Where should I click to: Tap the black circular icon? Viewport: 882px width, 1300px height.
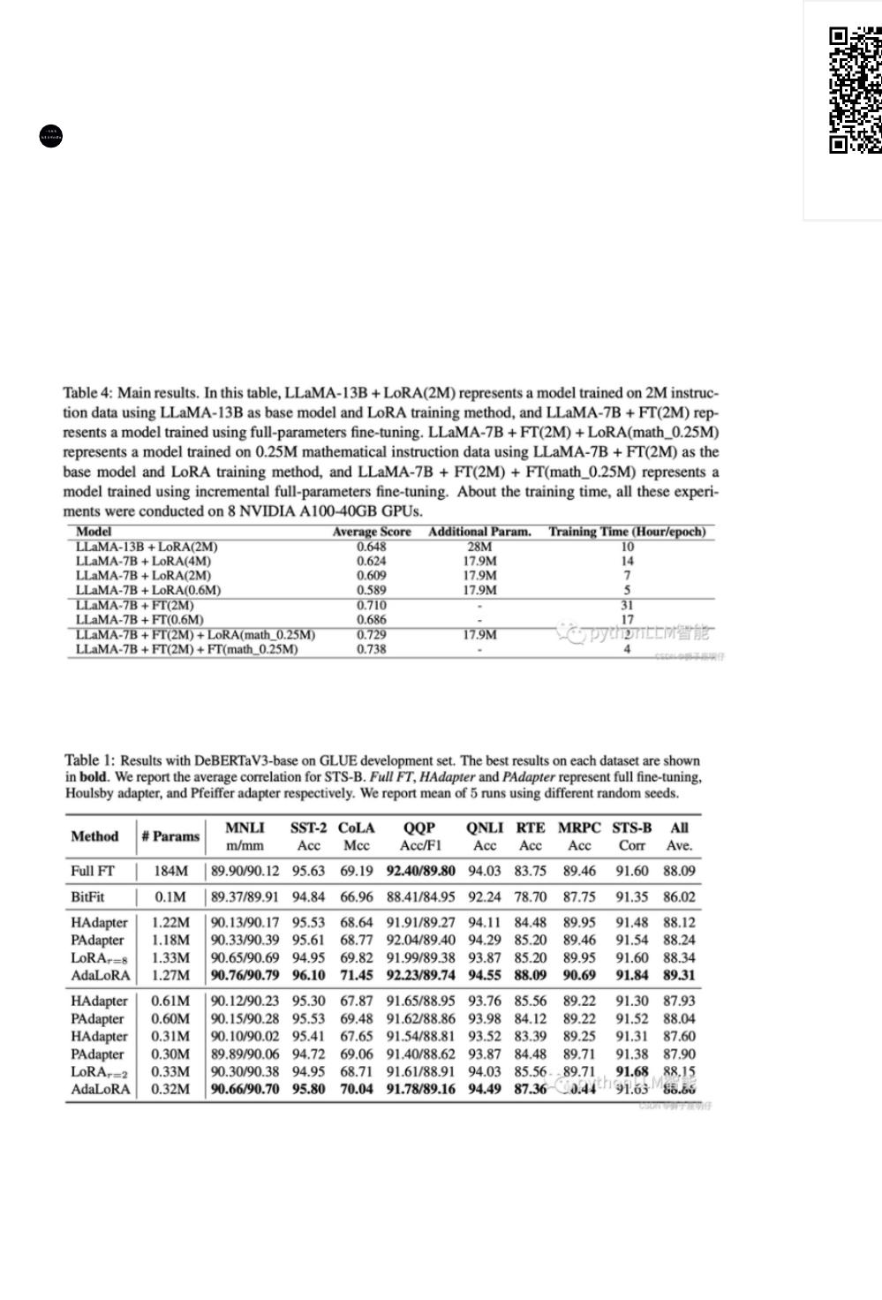[x=52, y=136]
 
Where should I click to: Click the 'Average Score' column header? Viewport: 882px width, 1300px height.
[x=372, y=532]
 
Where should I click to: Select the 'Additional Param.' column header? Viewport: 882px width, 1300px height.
[x=479, y=532]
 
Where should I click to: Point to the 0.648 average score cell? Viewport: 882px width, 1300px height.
[x=372, y=547]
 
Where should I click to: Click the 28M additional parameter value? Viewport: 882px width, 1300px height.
[x=479, y=547]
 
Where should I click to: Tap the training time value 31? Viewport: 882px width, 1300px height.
[x=627, y=605]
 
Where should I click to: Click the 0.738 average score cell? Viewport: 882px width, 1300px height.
[x=372, y=649]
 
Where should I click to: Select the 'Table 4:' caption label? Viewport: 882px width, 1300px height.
[x=87, y=392]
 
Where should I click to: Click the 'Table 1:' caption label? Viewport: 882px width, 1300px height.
[x=89, y=760]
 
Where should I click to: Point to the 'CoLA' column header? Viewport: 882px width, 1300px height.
[x=356, y=828]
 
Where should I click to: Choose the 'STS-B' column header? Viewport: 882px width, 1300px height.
[x=631, y=828]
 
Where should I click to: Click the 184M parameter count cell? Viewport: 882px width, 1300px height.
[x=171, y=871]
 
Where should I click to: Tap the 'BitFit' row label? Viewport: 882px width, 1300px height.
[x=87, y=897]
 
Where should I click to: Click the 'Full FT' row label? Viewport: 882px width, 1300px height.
[x=93, y=871]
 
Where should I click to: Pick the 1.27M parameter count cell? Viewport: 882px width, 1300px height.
[x=171, y=975]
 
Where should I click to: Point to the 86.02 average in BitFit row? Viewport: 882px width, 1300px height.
[x=679, y=897]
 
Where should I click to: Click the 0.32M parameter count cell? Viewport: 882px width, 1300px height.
[x=171, y=1089]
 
